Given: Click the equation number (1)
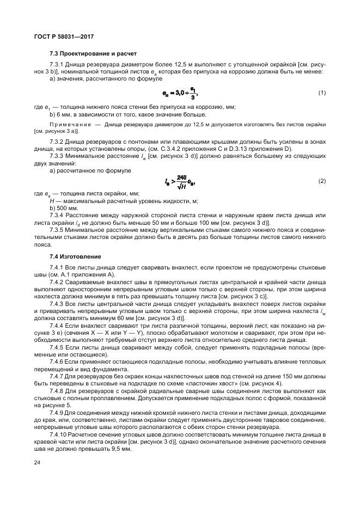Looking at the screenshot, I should pos(321,93).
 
